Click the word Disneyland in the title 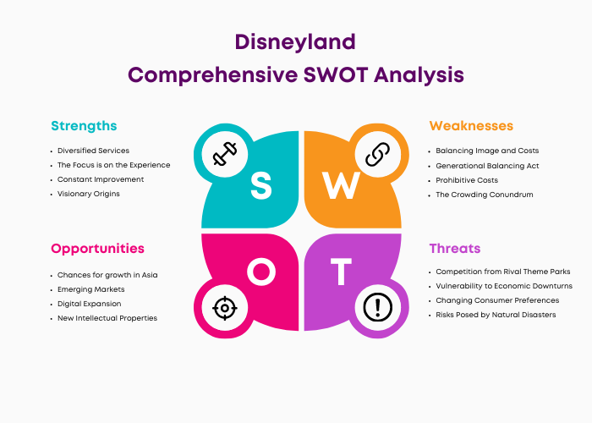295,42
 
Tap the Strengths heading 84,126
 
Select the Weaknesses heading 471,126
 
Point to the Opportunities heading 97,249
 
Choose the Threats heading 455,249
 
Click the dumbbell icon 225,154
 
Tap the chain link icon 377,154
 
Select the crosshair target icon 225,308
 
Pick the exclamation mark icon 377,307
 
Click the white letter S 260,185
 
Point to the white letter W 341,185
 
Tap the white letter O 261,272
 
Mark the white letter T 341,272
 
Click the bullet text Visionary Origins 88,194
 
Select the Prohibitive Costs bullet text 467,180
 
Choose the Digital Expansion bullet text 89,304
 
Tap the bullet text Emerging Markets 91,289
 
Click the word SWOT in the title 336,74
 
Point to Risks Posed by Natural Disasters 496,315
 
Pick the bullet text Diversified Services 93,151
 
